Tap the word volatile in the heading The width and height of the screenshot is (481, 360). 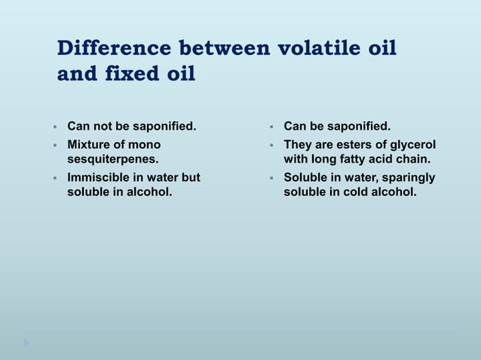311,50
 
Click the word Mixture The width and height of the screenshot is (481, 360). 88,143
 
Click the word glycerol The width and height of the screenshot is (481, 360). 412,143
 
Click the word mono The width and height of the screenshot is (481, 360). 146,143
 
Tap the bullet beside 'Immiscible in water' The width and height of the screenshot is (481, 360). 55,178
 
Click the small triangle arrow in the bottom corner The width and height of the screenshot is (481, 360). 27,343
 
